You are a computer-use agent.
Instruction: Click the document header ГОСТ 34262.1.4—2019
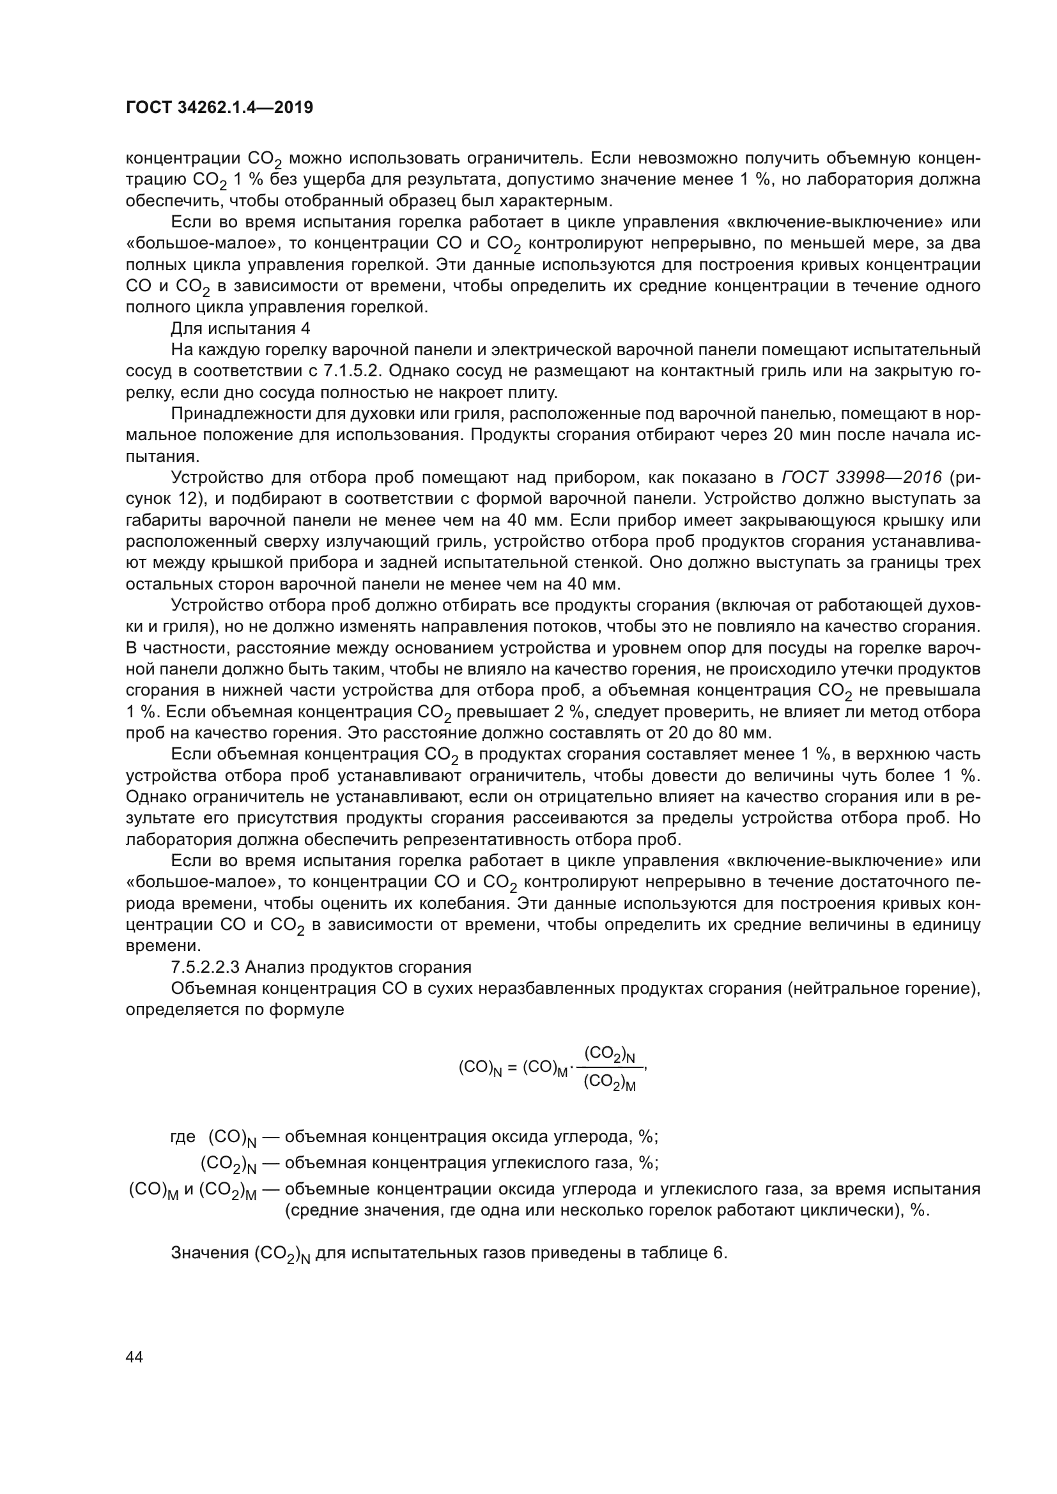tap(219, 107)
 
